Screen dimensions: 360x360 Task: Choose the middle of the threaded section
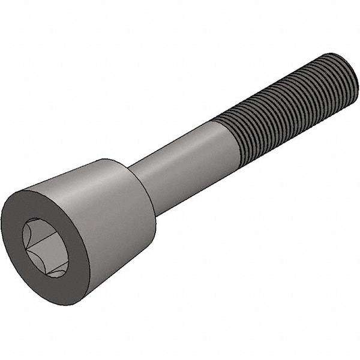pos(288,108)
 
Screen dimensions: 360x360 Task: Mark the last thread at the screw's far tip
pos(342,78)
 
